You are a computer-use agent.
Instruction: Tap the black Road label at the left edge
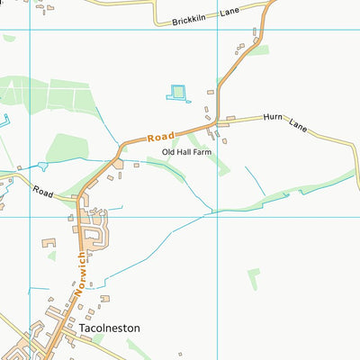click(42, 191)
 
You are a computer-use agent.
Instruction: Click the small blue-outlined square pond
click(177, 92)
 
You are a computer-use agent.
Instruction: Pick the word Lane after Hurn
click(298, 127)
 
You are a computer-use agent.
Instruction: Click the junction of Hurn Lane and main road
click(217, 121)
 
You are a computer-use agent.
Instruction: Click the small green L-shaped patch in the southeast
click(254, 279)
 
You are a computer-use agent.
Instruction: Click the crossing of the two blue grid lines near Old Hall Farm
click(217, 215)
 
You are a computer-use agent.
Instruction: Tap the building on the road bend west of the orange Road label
click(118, 164)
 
